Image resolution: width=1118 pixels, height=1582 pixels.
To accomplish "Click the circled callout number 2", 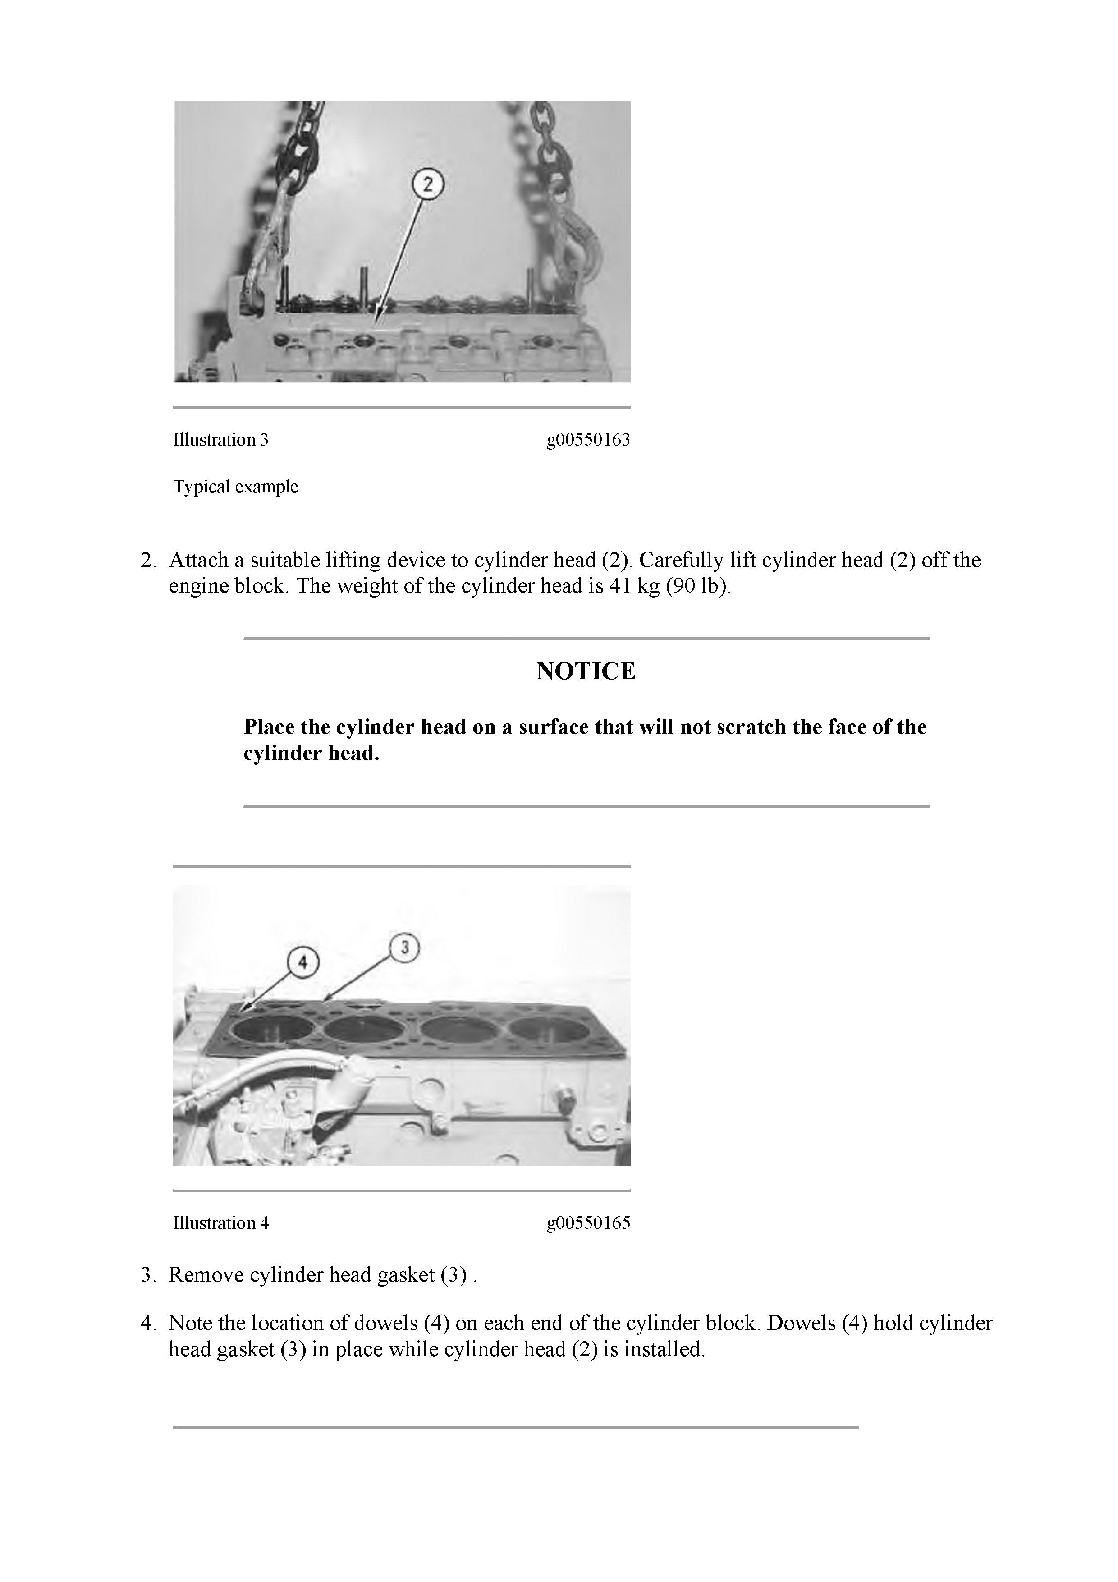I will pyautogui.click(x=428, y=184).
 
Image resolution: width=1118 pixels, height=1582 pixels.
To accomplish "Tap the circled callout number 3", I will pyautogui.click(x=404, y=947).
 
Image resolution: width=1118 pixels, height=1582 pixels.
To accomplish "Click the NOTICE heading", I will pyautogui.click(x=586, y=671).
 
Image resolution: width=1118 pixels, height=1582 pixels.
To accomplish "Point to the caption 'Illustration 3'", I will pyautogui.click(x=220, y=440).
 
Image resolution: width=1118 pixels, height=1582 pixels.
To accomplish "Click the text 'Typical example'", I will pyautogui.click(x=236, y=487).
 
